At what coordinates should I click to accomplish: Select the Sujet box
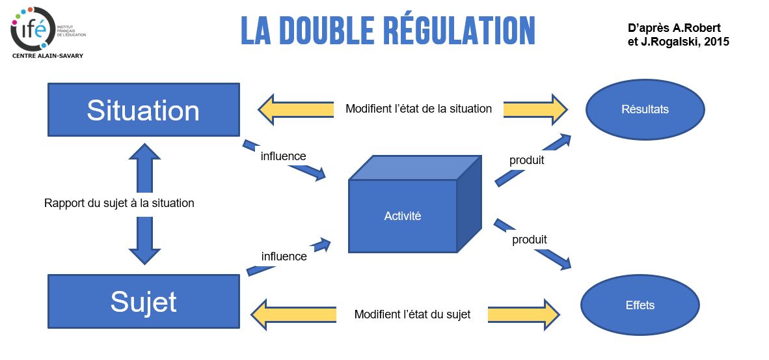[143, 301]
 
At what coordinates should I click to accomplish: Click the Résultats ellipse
[645, 109]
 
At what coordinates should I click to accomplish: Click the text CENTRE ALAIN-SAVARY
[47, 56]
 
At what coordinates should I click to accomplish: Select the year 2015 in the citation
[715, 41]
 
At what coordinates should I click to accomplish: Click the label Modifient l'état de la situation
[418, 109]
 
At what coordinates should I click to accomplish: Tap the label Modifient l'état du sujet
[412, 314]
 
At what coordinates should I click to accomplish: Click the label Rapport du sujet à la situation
[119, 203]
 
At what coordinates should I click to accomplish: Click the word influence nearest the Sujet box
[284, 256]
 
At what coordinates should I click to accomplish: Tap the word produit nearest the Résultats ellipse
[526, 159]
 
